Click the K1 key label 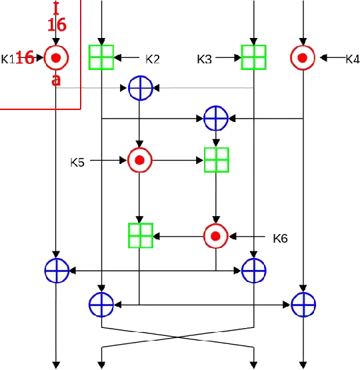pos(8,59)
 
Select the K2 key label pos(153,59)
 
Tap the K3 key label pos(205,59)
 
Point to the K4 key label pos(352,59)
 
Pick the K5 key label pos(78,161)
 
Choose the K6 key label pos(280,238)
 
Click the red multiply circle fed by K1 pos(57,59)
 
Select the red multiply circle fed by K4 pos(302,59)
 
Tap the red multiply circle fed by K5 pos(140,161)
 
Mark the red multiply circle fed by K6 pos(215,236)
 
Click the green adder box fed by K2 pos(102,57)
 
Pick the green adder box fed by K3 pos(253,57)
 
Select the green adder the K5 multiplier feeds pos(216,161)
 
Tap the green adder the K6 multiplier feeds pos(141,235)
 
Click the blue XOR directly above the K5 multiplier pos(140,87)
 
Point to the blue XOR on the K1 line pos(57,271)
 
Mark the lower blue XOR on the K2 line pos(101,305)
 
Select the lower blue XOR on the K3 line pos(253,271)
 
